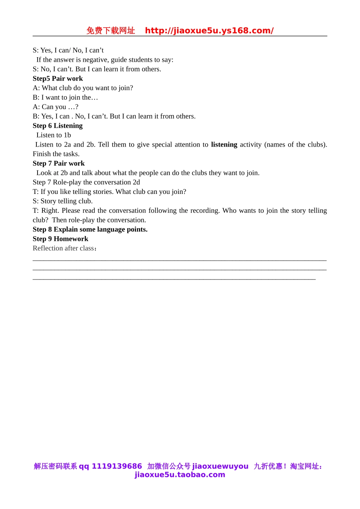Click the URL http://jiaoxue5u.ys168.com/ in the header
pos(209,31)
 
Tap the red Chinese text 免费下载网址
pos(111,31)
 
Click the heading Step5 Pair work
pos(58,78)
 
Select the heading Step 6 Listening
pos(58,126)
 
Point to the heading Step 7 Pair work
pos(59,163)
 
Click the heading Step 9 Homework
pos(60,239)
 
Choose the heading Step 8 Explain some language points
pos(90,229)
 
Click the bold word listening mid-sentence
pos(224,144)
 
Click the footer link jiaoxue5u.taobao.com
pos(180,475)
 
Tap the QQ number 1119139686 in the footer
pos(117,466)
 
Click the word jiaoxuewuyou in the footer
pos(220,466)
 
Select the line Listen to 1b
pos(53,135)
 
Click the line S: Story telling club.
pos(63,201)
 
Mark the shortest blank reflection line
pos(174,279)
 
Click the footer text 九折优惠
pos(268,466)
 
